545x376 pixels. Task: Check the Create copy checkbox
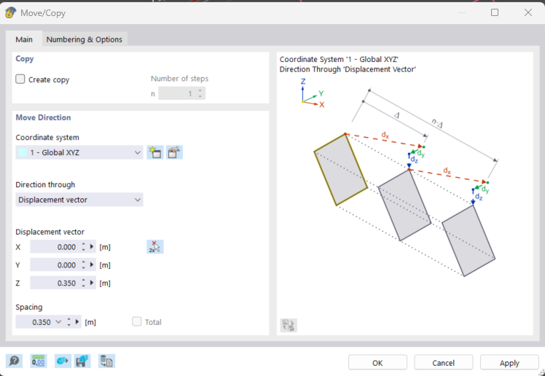tap(20, 79)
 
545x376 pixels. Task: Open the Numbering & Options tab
tap(84, 39)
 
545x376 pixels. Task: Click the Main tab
tap(24, 39)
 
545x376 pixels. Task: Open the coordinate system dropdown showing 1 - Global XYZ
tap(79, 152)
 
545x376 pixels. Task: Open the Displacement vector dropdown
tap(79, 200)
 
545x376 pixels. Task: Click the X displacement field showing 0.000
tap(55, 247)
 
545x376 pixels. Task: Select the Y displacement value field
tap(55, 265)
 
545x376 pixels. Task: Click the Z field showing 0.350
tap(55, 283)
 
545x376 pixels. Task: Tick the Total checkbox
tap(137, 321)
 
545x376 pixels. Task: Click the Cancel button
tap(444, 363)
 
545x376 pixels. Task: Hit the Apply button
tap(509, 363)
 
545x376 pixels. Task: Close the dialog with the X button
tap(528, 12)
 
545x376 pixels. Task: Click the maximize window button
tap(495, 12)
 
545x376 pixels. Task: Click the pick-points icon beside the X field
tap(155, 247)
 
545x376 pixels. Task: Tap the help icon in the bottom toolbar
tap(15, 361)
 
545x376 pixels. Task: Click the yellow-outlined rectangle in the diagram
tap(341, 170)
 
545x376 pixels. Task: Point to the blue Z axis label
tap(303, 82)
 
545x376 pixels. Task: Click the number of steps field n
tap(178, 93)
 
